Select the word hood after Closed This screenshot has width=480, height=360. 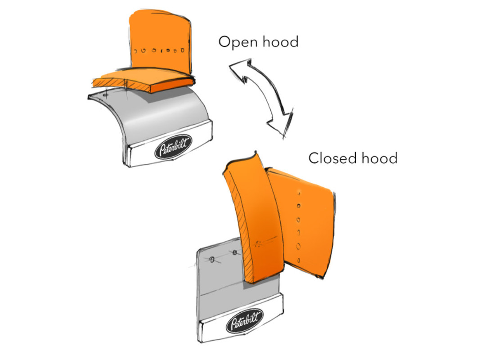click(380, 158)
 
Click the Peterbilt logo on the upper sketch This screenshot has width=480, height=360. click(173, 147)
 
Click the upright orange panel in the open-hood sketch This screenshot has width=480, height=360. click(161, 40)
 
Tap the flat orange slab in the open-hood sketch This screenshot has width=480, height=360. click(144, 80)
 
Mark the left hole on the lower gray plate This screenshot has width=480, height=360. click(211, 260)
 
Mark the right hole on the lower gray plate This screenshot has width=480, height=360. click(235, 252)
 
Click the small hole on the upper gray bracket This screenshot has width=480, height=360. click(106, 95)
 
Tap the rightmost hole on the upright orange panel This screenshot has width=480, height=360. click(183, 50)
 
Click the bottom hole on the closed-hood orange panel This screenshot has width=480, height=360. click(299, 261)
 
